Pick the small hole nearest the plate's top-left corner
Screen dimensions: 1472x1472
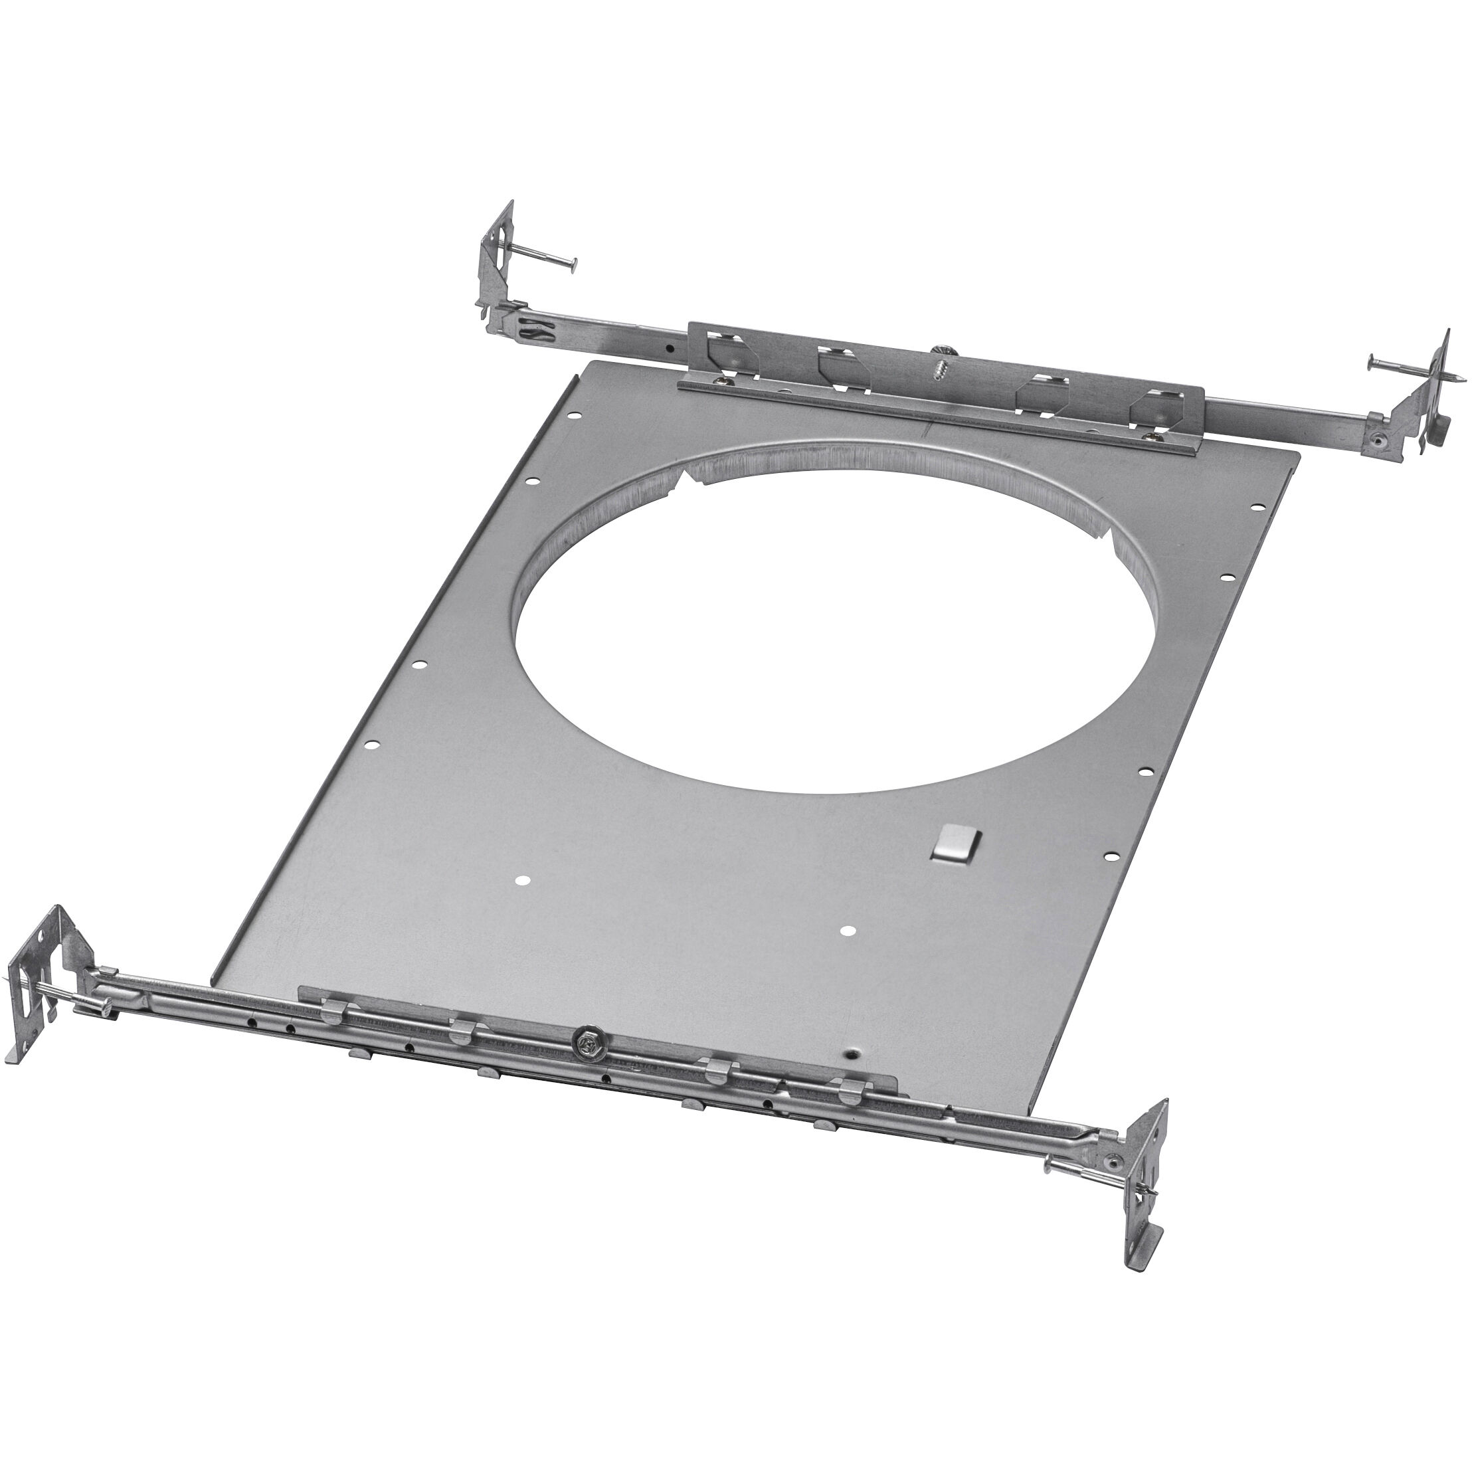point(575,416)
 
